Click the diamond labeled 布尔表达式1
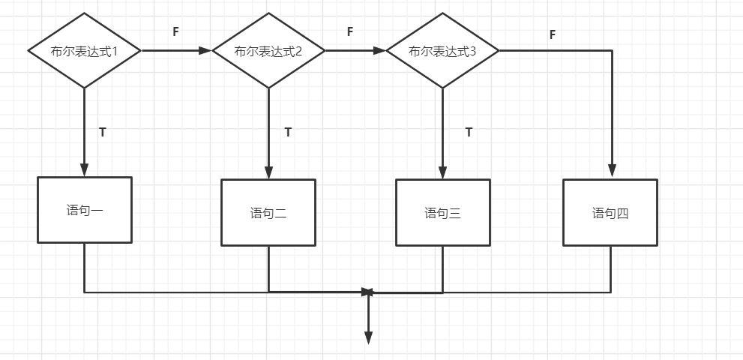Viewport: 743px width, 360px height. coord(85,51)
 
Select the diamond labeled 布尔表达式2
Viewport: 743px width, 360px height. coord(268,51)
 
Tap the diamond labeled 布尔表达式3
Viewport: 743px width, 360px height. coord(442,51)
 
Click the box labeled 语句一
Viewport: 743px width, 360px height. coord(85,210)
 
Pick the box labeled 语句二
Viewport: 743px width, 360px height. coord(268,213)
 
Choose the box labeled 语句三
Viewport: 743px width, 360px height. coord(442,213)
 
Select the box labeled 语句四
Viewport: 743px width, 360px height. coord(610,213)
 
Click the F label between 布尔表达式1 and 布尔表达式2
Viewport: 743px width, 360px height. coord(175,31)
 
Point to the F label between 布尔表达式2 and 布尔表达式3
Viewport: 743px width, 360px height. coord(350,31)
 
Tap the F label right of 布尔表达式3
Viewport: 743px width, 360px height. coord(553,34)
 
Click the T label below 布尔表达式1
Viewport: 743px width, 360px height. coord(103,132)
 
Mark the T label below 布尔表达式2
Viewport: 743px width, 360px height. coord(288,132)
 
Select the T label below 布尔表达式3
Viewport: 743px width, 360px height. coord(469,132)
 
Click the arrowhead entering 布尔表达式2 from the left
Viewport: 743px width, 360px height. coord(205,51)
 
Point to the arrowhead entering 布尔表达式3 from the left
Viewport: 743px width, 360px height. coord(379,51)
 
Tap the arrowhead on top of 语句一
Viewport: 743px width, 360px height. coord(85,170)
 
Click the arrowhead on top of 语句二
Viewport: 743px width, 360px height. coord(268,173)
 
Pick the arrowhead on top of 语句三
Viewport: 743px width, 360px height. coord(442,173)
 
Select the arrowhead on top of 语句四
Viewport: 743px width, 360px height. coord(612,172)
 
